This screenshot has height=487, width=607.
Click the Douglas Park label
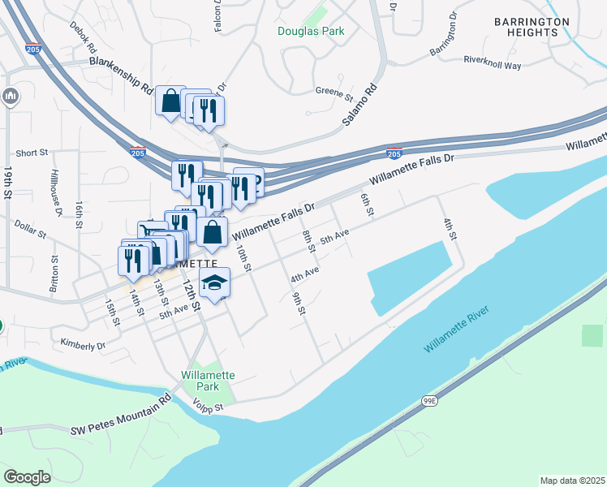311,31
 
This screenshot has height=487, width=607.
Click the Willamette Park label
209,381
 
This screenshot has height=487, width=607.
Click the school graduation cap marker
215,282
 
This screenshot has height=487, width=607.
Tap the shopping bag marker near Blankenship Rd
171,101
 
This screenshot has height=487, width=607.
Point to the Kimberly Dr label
78,344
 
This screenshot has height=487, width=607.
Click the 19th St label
7,183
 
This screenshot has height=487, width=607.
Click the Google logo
27,476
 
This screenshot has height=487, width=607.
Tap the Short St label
32,153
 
